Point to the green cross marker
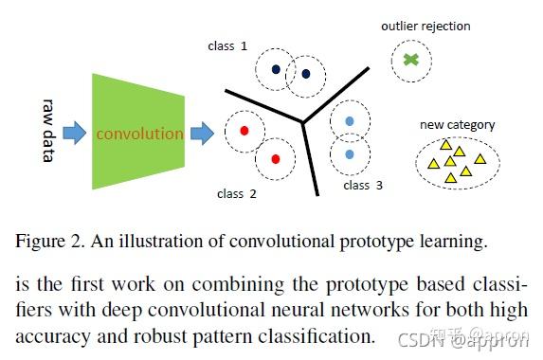point(409,60)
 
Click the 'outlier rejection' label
point(425,26)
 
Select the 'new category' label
point(457,124)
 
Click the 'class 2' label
point(236,194)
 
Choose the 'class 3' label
point(363,186)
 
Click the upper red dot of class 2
point(244,131)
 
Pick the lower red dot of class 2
point(275,158)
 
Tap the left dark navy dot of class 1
point(275,68)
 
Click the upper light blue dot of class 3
point(351,121)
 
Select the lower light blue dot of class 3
point(351,153)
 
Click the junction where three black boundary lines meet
point(301,122)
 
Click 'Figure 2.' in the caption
point(47,242)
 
